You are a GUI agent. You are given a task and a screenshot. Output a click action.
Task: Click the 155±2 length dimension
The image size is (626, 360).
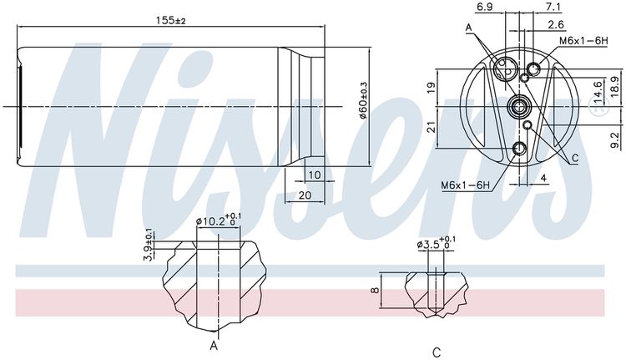point(170,20)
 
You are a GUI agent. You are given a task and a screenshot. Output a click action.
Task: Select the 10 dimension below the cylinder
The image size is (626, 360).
point(315,175)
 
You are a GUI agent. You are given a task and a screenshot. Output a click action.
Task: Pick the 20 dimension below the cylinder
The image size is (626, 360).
point(305,195)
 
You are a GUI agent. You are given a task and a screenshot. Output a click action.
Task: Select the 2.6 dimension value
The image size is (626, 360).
point(556,25)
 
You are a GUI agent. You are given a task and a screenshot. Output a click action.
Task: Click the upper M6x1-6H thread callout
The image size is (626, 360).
point(583,41)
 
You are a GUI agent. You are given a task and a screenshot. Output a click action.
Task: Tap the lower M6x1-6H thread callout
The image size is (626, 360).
point(465,185)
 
